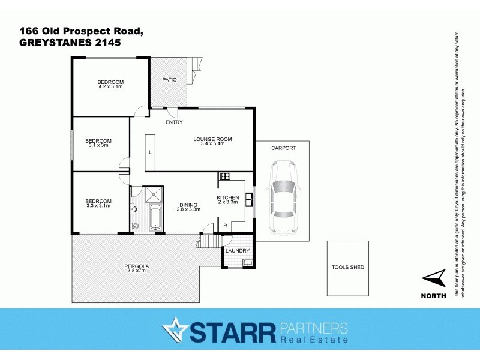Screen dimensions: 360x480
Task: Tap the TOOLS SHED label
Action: click(x=348, y=267)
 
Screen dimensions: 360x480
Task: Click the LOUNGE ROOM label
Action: click(x=212, y=139)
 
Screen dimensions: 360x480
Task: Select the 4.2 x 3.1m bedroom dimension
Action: click(x=110, y=87)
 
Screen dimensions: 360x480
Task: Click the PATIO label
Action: click(x=169, y=79)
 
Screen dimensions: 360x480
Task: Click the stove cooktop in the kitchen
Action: click(x=226, y=176)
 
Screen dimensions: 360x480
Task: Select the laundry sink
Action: click(x=247, y=262)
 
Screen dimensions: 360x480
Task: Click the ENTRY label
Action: click(x=174, y=122)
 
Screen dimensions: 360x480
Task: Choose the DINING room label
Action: click(x=188, y=204)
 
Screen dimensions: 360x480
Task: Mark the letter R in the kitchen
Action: click(x=224, y=225)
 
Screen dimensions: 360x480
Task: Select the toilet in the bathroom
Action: click(x=135, y=226)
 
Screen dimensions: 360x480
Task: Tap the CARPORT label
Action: click(x=283, y=147)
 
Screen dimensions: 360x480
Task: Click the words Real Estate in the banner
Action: click(x=314, y=340)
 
